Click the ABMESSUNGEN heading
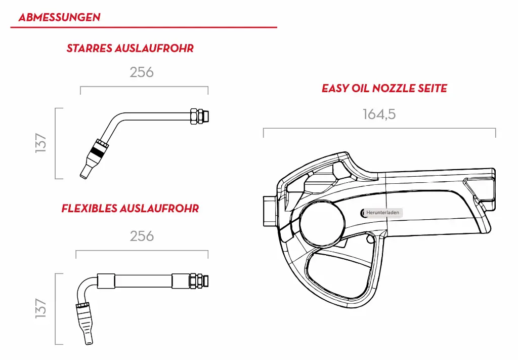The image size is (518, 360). [x=59, y=17]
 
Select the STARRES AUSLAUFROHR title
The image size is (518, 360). [x=130, y=49]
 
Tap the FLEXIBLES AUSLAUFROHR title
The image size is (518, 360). [x=130, y=208]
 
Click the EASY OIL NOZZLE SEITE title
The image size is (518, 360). [x=384, y=89]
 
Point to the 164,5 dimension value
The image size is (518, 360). [x=379, y=114]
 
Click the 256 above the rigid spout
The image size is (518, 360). [x=142, y=72]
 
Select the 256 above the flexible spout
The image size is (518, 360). [x=142, y=236]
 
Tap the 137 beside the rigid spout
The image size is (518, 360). [x=41, y=143]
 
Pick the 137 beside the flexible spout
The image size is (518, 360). [x=41, y=308]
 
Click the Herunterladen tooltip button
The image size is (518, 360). [x=382, y=213]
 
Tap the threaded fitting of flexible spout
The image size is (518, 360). [x=198, y=279]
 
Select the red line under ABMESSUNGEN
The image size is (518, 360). [x=144, y=27]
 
